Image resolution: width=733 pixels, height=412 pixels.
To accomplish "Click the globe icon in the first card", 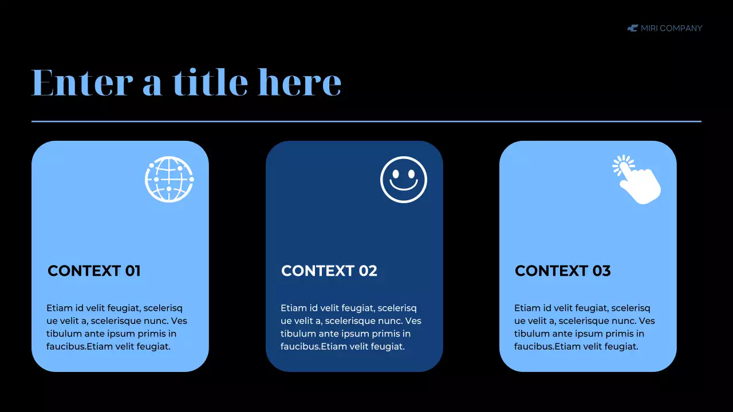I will pyautogui.click(x=169, y=179).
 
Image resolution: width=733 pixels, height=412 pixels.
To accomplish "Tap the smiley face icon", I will pyautogui.click(x=404, y=179).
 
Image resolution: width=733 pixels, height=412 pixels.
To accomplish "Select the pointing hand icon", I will pyautogui.click(x=639, y=180).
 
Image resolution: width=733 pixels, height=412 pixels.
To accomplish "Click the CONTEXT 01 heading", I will pyautogui.click(x=94, y=271).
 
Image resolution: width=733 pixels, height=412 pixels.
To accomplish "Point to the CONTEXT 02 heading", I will pyautogui.click(x=329, y=271).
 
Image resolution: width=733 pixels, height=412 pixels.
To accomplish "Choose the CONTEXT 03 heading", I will pyautogui.click(x=562, y=271).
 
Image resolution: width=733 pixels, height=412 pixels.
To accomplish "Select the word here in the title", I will pyautogui.click(x=299, y=82).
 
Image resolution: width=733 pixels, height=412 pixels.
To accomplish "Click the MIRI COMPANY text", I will pyautogui.click(x=671, y=28).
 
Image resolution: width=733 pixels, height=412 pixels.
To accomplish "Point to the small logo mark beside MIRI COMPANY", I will pyautogui.click(x=632, y=28).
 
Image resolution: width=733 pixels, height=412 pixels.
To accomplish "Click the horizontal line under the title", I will pyautogui.click(x=366, y=121).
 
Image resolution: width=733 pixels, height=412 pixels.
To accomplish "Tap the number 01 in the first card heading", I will pyautogui.click(x=132, y=271).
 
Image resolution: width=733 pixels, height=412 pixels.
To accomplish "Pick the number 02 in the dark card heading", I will pyautogui.click(x=368, y=271).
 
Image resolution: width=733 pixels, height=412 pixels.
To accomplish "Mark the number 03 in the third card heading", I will pyautogui.click(x=602, y=271).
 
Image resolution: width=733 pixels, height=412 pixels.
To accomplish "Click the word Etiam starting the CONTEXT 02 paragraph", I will pyautogui.click(x=294, y=308).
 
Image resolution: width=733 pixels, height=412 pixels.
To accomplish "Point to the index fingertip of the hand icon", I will pyautogui.click(x=624, y=167).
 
